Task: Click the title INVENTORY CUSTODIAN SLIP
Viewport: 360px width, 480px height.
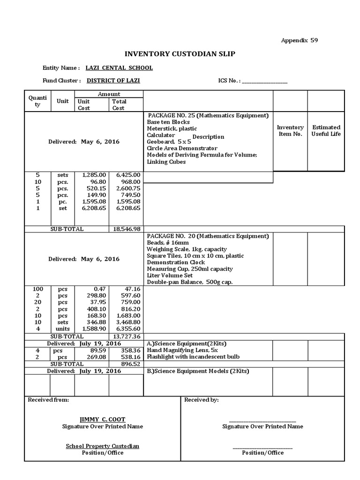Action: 179,54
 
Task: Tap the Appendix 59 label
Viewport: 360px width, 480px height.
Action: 300,40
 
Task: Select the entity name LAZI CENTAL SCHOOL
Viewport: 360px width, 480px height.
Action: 119,68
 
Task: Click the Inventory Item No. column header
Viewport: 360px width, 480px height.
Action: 290,131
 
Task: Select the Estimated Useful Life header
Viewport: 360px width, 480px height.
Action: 326,131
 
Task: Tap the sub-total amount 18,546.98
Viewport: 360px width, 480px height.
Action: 127,229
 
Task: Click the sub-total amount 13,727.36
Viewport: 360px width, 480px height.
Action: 127,337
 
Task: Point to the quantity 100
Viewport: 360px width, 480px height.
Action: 37,289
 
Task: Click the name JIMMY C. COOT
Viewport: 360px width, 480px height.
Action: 103,420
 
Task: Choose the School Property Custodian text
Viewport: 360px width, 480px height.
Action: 102,446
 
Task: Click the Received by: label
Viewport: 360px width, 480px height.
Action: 201,400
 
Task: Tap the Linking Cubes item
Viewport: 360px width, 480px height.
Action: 166,162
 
